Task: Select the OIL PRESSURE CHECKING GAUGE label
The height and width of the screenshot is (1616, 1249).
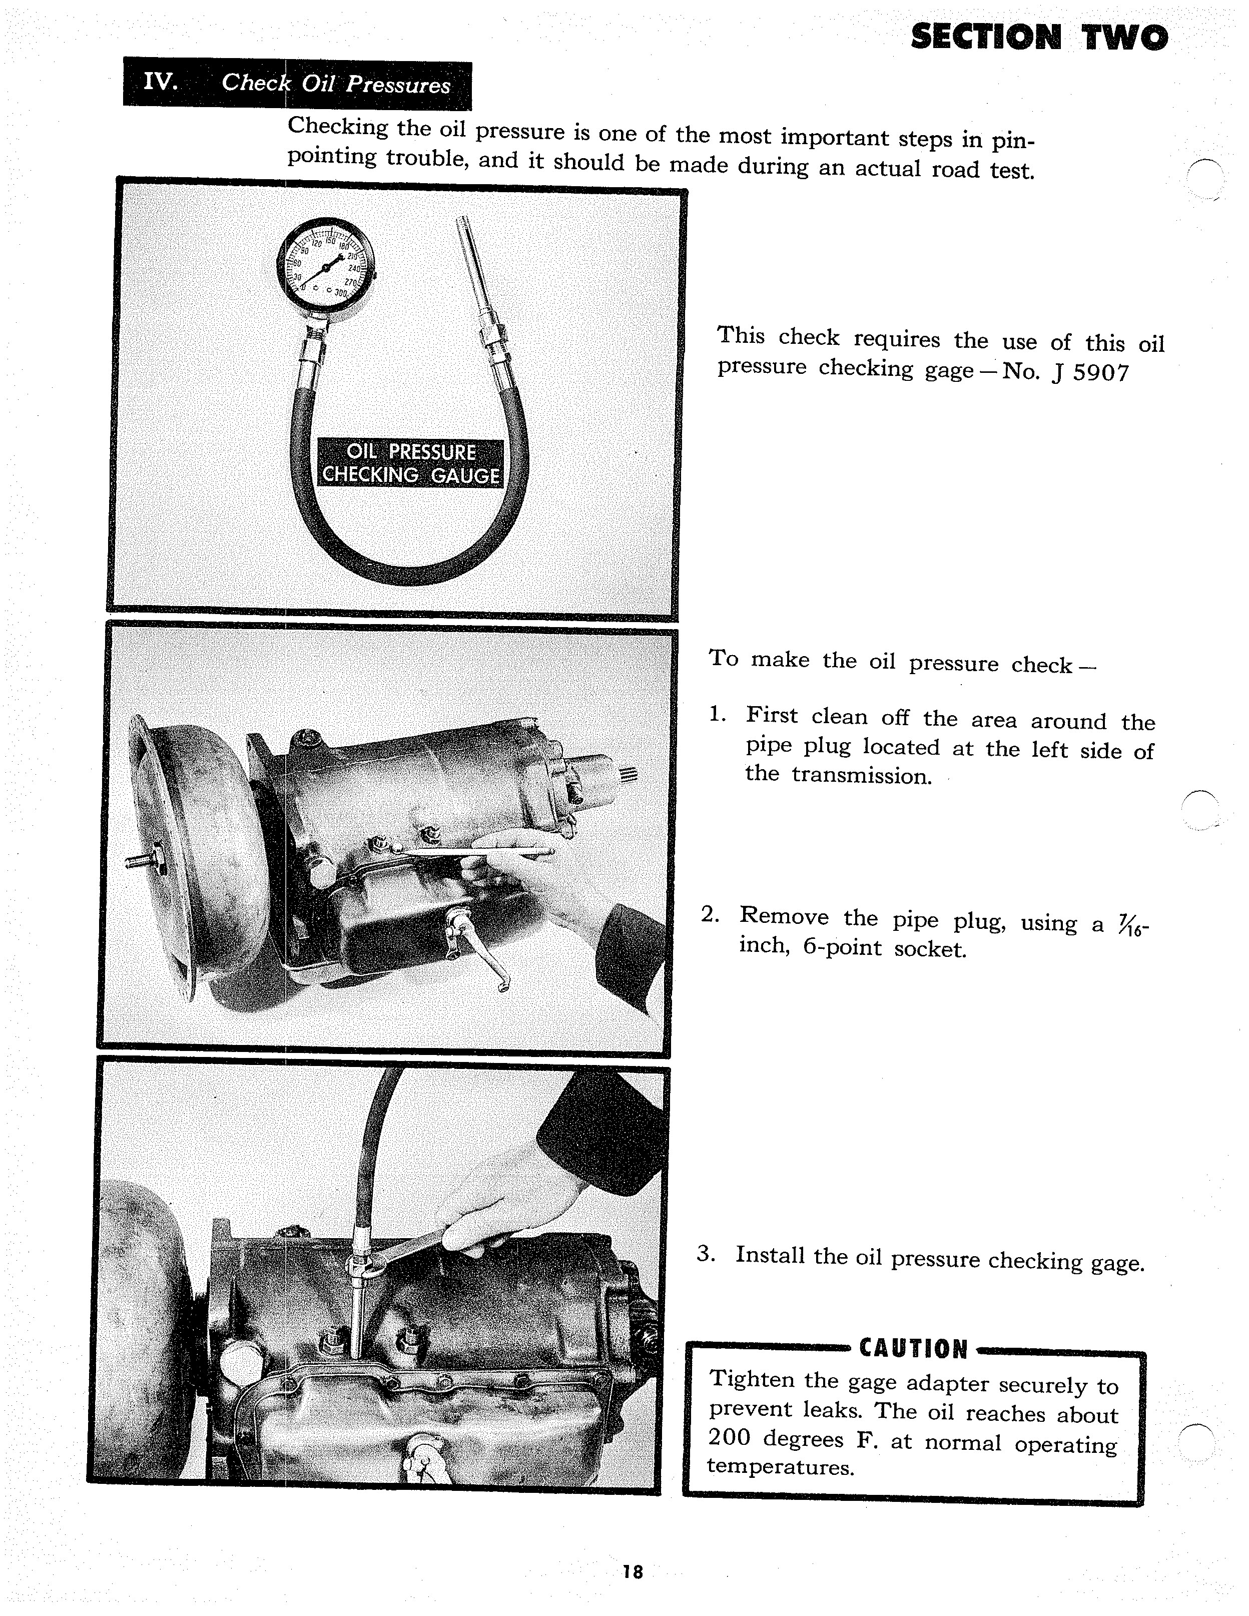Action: click(410, 463)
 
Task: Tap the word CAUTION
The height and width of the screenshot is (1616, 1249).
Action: click(913, 1349)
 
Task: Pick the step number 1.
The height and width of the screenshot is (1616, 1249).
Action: click(716, 714)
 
